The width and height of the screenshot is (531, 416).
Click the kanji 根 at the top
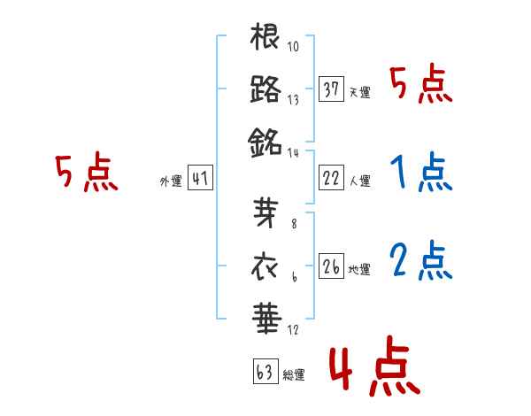265,39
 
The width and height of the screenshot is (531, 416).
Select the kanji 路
265,89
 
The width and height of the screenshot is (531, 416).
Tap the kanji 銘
265,140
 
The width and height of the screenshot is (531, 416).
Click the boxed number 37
331,89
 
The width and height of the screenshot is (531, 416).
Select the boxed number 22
331,178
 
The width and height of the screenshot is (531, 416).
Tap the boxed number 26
331,266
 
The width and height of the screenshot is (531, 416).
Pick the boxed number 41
200,179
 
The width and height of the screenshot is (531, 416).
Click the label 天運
360,92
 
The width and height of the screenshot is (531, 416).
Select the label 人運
360,181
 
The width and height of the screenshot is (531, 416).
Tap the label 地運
360,268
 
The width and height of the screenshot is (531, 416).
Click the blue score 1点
420,173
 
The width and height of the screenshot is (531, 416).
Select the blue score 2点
420,260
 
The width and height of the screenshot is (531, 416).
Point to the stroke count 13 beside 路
293,100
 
